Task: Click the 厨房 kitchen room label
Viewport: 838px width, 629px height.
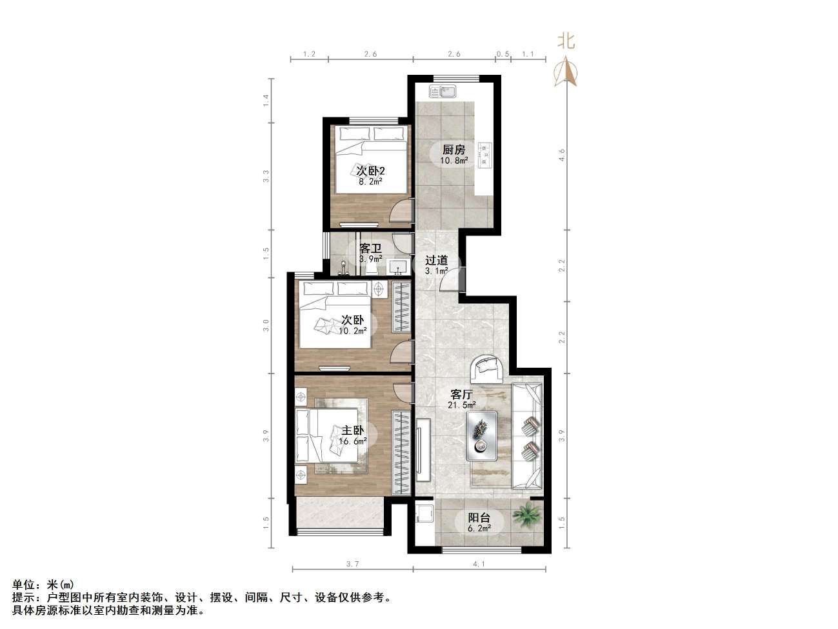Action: (452, 150)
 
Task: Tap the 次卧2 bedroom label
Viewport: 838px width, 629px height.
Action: (370, 171)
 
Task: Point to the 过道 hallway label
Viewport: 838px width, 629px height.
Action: (436, 261)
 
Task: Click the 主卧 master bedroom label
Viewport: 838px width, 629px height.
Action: (352, 431)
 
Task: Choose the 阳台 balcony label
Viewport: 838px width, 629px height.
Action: (479, 517)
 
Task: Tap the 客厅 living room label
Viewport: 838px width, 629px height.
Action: (462, 394)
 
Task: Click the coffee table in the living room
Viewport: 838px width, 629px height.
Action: (481, 436)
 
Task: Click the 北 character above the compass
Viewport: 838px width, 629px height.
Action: (566, 42)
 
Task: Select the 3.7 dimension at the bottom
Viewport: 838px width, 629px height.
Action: (352, 564)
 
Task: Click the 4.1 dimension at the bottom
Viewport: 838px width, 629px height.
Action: (478, 564)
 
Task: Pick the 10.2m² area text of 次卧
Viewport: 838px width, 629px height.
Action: (352, 331)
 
